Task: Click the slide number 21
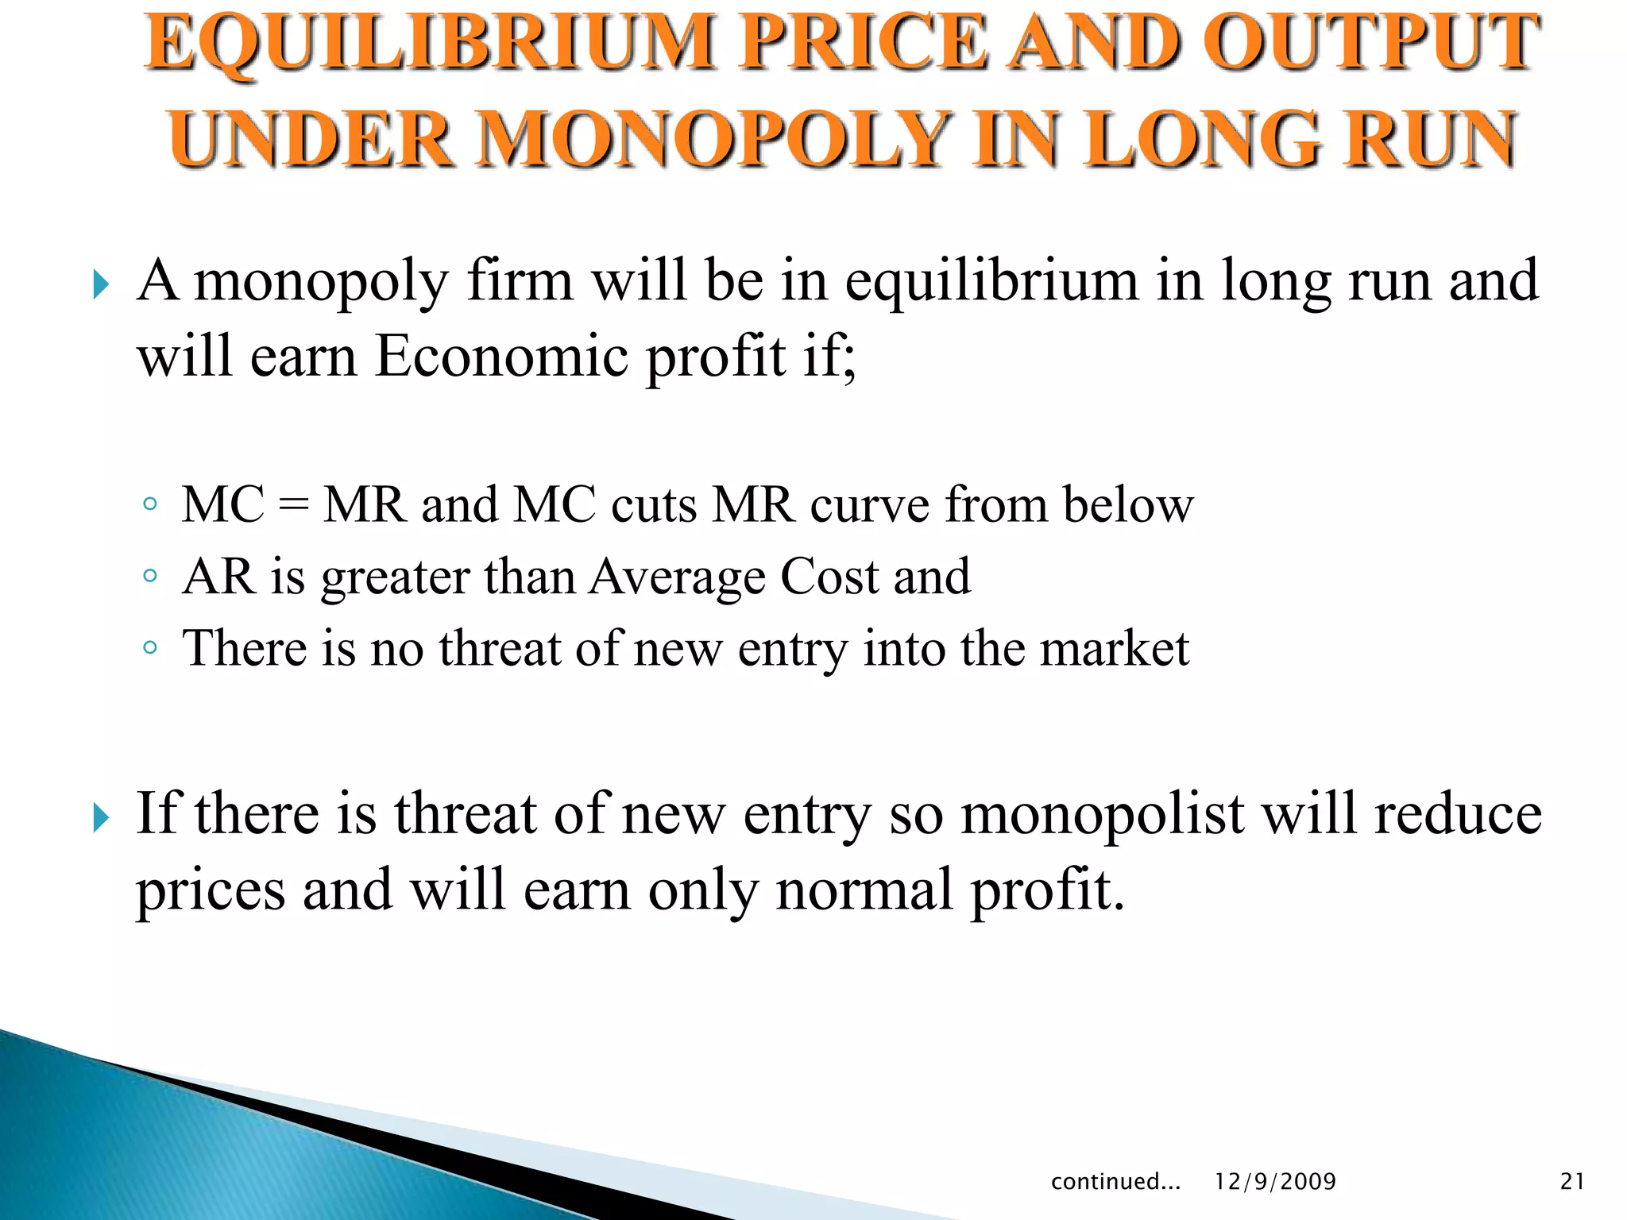tap(1572, 1182)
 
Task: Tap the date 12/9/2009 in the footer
tap(1275, 1182)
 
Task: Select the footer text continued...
tap(1115, 1182)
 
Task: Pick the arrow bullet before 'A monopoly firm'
tap(101, 284)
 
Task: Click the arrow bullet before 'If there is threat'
tap(101, 817)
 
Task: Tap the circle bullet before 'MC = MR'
tap(149, 504)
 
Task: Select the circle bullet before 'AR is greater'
tap(149, 576)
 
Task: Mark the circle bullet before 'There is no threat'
tap(149, 647)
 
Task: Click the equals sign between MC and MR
tap(294, 506)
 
